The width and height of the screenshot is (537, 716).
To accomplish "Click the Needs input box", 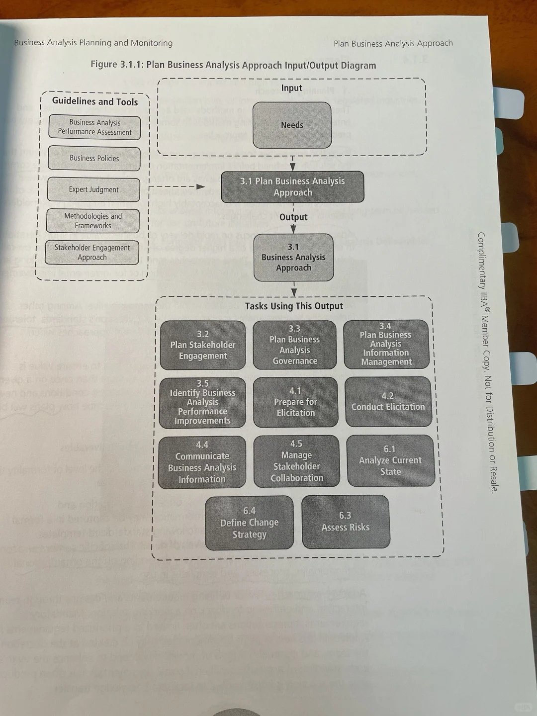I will click(292, 125).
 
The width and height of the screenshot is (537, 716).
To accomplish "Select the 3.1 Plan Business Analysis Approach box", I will click(292, 187).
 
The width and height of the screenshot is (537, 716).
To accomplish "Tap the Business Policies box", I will click(94, 159).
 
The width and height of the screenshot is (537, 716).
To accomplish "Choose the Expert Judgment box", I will click(93, 189).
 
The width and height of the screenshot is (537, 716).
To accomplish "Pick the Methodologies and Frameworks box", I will click(93, 221).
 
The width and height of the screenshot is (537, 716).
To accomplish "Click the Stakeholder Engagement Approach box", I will click(92, 253).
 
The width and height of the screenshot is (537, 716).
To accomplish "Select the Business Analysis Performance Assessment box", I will click(94, 127).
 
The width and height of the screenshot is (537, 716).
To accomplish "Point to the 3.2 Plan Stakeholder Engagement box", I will click(202, 345).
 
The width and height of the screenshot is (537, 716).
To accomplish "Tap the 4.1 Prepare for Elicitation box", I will click(295, 402).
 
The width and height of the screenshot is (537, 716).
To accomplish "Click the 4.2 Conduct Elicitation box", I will click(388, 402).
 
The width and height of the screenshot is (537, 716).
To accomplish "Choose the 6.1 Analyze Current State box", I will click(390, 460).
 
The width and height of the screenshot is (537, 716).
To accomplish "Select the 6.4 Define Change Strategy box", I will click(249, 523).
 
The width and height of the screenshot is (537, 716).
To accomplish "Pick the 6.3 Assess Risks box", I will click(345, 522).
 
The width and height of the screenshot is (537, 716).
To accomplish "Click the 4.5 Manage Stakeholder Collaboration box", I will click(296, 461).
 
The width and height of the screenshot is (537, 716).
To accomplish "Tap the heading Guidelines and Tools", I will click(95, 101).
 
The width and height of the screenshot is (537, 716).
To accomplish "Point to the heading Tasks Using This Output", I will click(294, 306).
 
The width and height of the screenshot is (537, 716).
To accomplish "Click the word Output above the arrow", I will click(293, 217).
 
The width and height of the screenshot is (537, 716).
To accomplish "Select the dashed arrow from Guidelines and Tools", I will click(177, 187).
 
